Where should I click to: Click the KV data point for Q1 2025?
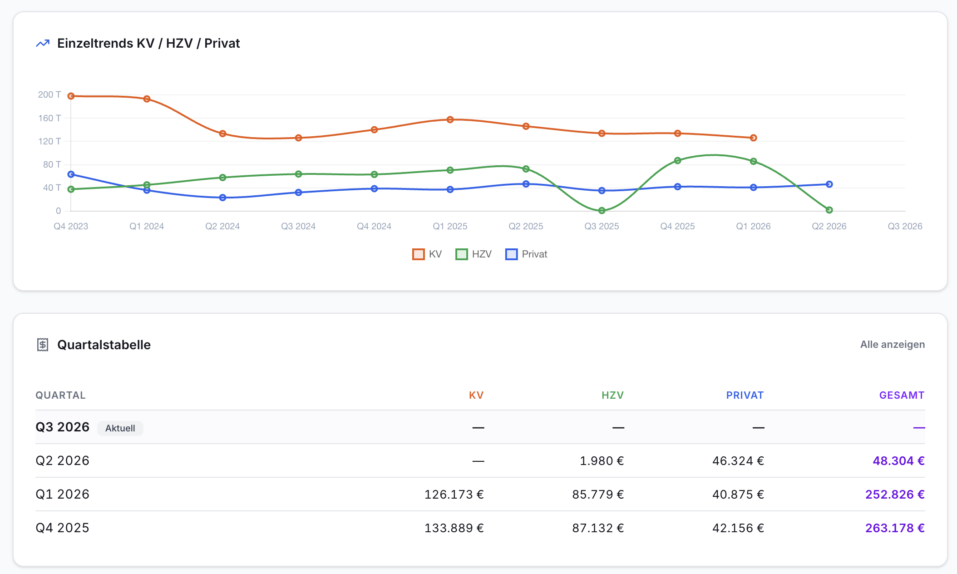[x=450, y=120]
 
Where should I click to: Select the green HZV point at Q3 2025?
[x=602, y=211]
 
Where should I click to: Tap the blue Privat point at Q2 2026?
[x=829, y=184]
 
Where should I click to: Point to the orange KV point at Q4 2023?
[x=71, y=96]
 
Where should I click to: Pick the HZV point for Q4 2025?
[x=677, y=160]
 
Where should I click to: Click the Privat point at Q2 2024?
[x=222, y=198]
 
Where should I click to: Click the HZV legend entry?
[x=474, y=254]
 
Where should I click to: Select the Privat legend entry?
[x=526, y=254]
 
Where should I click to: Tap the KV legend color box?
[x=418, y=254]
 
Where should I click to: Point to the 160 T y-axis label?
[x=49, y=118]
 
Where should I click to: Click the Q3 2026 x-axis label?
[x=905, y=226]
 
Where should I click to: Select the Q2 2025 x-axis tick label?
[x=526, y=226]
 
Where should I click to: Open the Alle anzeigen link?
[x=893, y=345]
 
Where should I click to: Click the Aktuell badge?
[x=120, y=428]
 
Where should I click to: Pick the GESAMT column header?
[x=902, y=396]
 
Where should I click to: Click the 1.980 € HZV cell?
[x=602, y=461]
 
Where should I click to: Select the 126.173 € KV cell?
[x=454, y=495]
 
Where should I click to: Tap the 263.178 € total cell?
[x=895, y=528]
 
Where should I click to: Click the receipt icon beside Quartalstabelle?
[x=43, y=345]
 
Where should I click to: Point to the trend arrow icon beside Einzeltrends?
[x=43, y=44]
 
